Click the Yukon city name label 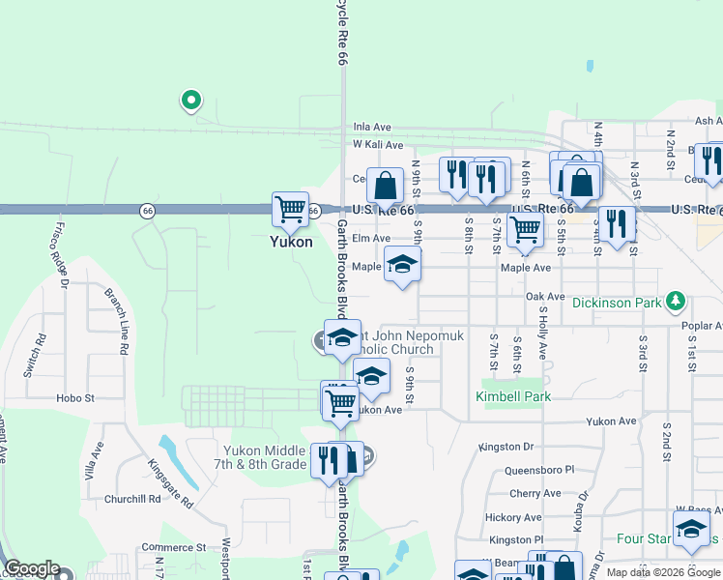point(290,243)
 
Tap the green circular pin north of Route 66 point(191,99)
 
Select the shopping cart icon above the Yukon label point(290,208)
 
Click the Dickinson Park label point(617,303)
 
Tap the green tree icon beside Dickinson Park point(676,303)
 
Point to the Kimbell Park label point(513,396)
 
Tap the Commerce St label point(173,547)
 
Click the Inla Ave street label point(371,127)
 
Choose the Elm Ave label point(371,238)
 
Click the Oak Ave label point(544,297)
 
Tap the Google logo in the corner point(32,569)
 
